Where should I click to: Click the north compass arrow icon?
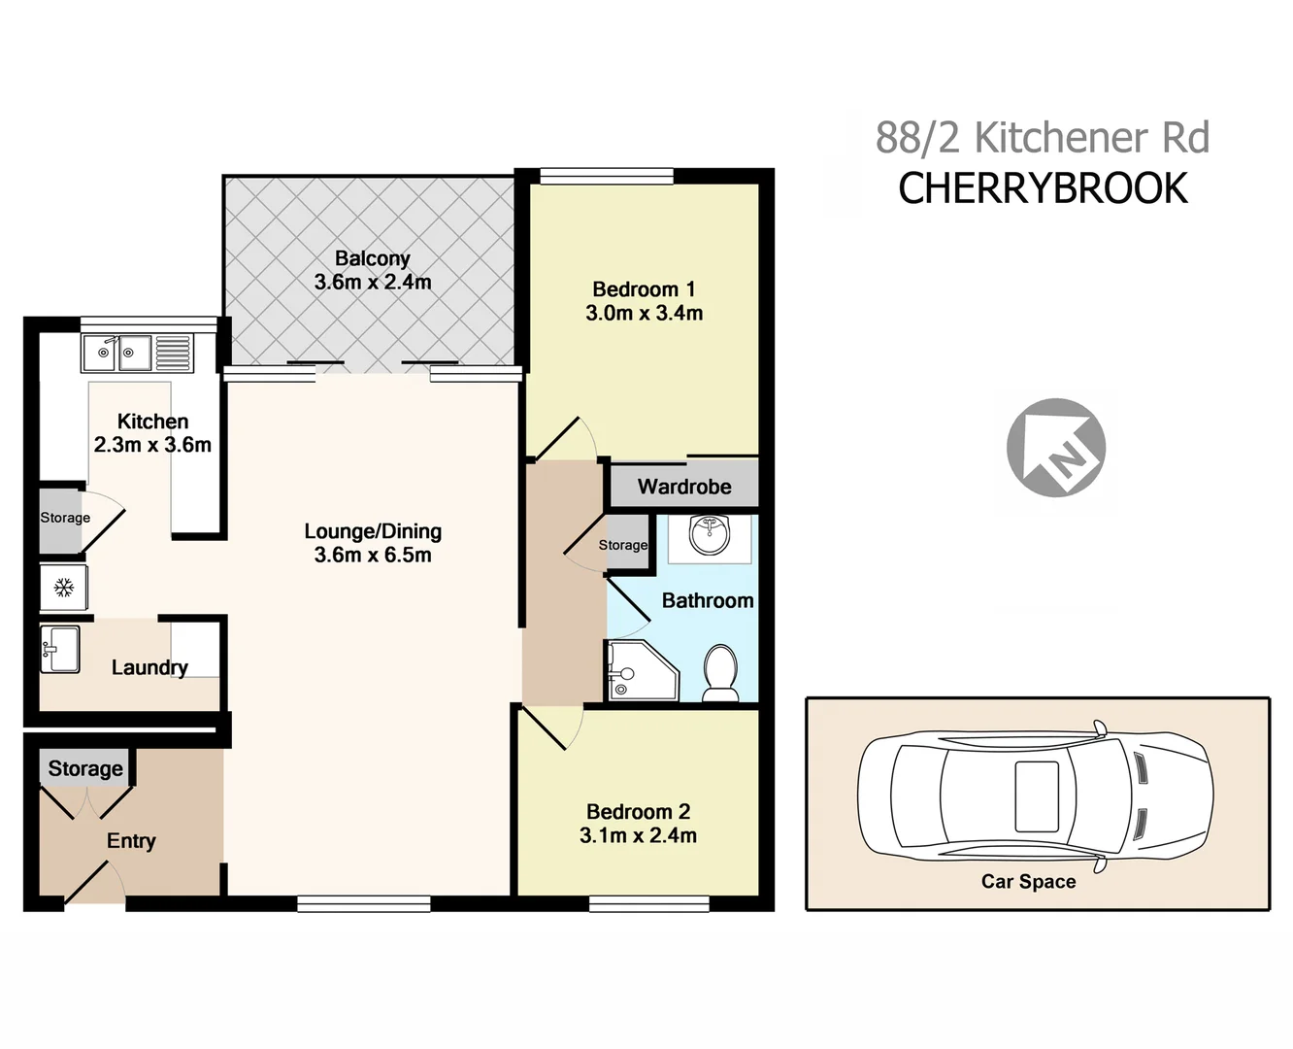(x=1056, y=448)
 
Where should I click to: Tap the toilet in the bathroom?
(x=720, y=672)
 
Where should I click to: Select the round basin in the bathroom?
(x=710, y=536)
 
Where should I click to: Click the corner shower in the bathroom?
(x=638, y=671)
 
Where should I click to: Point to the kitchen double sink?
(x=117, y=353)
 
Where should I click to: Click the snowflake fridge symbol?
(x=64, y=588)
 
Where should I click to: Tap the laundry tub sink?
(x=60, y=649)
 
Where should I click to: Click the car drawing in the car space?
(x=1035, y=795)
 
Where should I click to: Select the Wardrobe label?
(x=684, y=487)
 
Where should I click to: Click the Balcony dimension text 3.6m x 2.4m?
(x=373, y=283)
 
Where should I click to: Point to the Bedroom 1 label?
(x=644, y=289)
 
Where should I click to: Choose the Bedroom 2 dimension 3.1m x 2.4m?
(x=638, y=835)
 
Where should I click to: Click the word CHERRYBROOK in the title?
(x=1043, y=188)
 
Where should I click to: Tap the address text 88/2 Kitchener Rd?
(x=1043, y=138)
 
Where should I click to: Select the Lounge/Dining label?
(x=373, y=531)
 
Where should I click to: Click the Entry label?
(x=131, y=841)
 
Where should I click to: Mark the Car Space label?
(x=1028, y=882)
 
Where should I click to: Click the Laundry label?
(x=149, y=667)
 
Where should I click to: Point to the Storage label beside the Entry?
(x=85, y=768)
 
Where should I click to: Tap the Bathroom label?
(x=708, y=601)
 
